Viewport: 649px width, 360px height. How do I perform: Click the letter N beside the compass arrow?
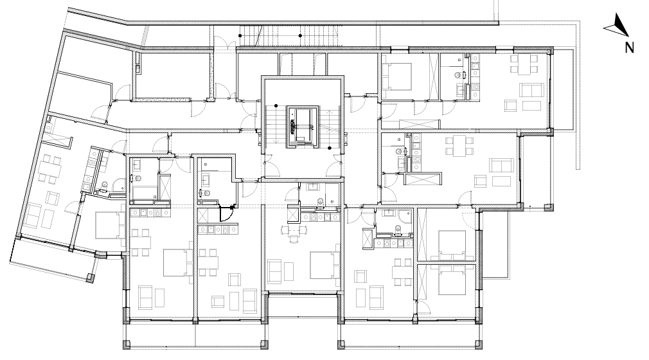(x=629, y=48)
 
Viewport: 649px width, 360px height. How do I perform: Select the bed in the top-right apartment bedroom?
(x=397, y=76)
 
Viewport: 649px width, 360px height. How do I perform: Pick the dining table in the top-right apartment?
(x=524, y=64)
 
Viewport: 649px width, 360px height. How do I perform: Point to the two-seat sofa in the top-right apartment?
(x=532, y=90)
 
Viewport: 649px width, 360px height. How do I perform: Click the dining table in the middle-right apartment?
(x=459, y=145)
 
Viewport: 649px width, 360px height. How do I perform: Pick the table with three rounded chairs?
(x=294, y=230)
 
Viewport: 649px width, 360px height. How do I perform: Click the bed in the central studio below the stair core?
(x=325, y=265)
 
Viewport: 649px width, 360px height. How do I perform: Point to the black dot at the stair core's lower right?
(x=330, y=148)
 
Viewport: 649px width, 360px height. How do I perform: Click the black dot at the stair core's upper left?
(x=276, y=107)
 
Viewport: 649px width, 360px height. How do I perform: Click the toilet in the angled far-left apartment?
(x=104, y=184)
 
